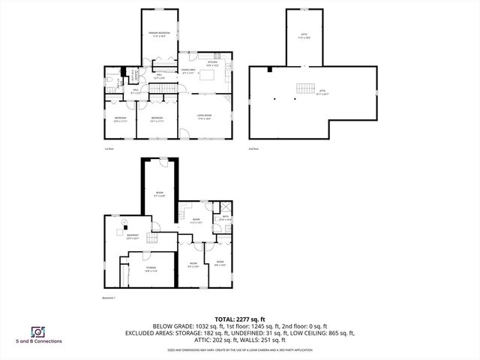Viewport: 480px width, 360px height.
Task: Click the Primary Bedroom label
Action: tap(158, 34)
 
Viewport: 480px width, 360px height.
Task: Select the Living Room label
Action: tap(203, 116)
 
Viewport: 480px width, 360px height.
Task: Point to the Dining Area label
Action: tap(188, 71)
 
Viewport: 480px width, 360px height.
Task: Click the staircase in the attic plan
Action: tap(304, 88)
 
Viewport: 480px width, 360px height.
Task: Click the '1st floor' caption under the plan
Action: tap(108, 148)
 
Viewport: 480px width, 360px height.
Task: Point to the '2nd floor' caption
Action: tap(253, 148)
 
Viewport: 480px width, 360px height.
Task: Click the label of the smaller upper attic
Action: tap(304, 34)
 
